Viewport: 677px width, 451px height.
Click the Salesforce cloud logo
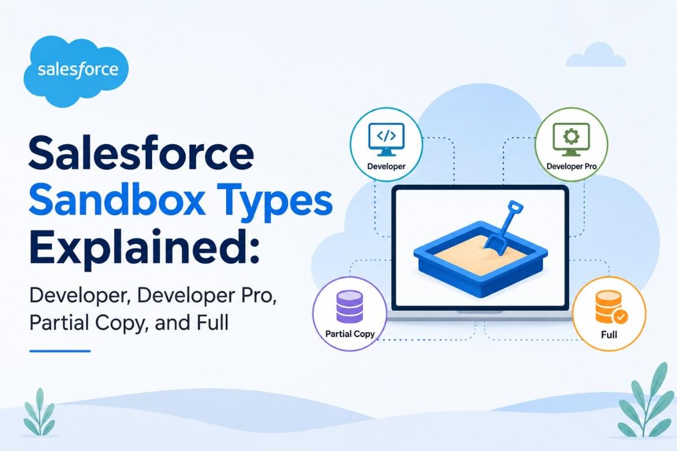tap(76, 71)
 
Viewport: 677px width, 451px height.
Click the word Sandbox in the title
tap(116, 201)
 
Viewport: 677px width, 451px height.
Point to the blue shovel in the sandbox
tap(502, 228)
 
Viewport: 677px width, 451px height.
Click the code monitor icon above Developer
tap(386, 139)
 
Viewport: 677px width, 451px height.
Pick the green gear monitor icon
tap(571, 139)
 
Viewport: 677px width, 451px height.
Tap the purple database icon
tap(349, 306)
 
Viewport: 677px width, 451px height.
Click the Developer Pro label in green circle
tap(572, 166)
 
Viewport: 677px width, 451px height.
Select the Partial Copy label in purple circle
tap(350, 334)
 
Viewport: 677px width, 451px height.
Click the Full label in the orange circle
tap(609, 335)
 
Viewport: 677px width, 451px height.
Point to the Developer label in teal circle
tap(386, 166)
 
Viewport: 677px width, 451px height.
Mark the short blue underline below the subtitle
tap(60, 351)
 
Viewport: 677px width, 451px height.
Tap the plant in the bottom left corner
tap(39, 413)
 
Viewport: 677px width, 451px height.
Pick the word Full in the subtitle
tap(213, 322)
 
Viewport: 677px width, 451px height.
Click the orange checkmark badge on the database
tap(621, 317)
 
